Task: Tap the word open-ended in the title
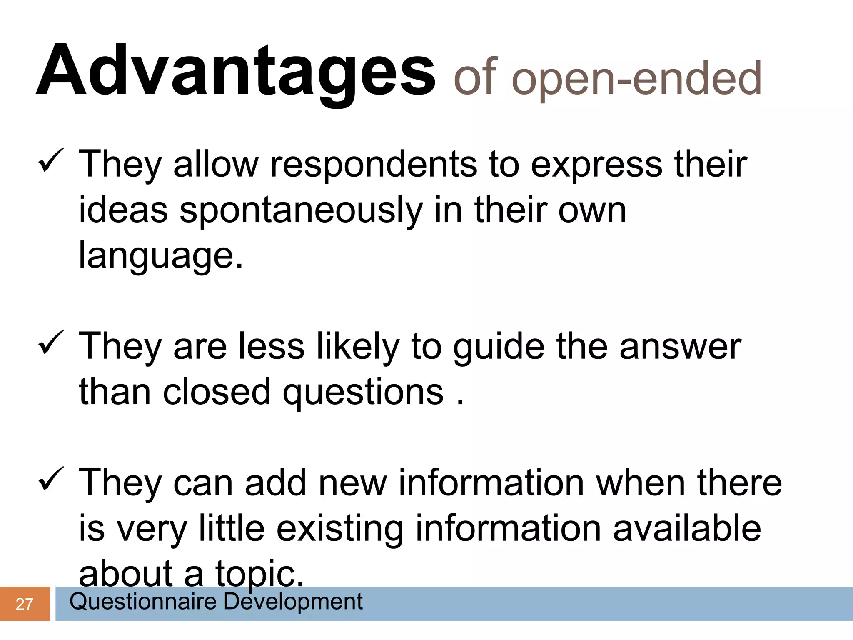636,78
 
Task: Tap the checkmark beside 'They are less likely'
50,342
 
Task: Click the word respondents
374,165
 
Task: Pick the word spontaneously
301,210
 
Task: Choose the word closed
217,392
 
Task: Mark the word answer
680,347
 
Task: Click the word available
687,528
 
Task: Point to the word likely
357,347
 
